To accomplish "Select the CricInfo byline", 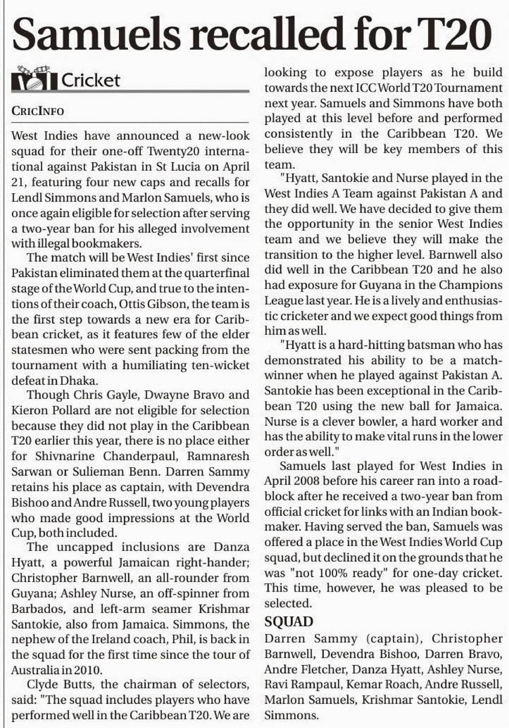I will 37,111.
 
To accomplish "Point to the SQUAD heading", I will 289,622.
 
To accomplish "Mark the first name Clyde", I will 42,685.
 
